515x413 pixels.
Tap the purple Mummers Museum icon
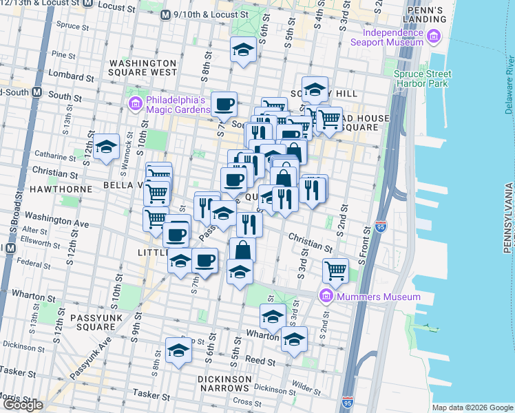point(326,297)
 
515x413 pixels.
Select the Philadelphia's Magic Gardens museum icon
point(135,104)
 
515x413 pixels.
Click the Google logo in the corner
point(23,405)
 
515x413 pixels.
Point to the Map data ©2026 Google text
point(472,407)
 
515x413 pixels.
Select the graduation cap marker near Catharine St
point(107,147)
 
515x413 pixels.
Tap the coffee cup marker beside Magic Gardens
point(224,105)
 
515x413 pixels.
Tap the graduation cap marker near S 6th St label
point(242,50)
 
